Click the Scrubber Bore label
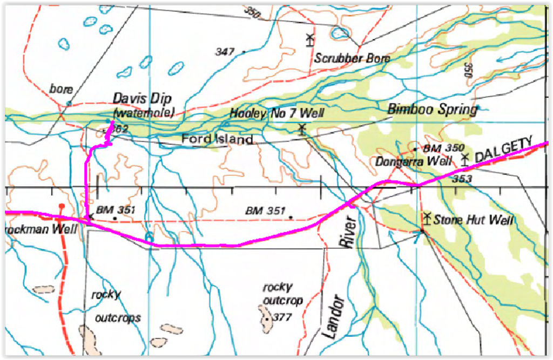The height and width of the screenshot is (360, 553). coord(352,58)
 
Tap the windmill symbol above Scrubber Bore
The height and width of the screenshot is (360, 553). coord(309,39)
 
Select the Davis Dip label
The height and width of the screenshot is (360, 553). coord(142,99)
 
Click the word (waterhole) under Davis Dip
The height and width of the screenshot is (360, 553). coord(144,113)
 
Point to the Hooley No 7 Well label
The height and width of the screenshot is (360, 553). coord(276,113)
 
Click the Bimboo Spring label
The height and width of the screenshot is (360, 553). coord(433,110)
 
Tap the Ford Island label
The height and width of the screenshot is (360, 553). coord(218,139)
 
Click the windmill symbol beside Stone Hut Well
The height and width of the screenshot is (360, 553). coord(427,218)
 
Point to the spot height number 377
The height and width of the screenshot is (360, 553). coord(282,317)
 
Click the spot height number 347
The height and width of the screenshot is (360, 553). coord(224,52)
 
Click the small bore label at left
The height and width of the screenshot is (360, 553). coord(60,88)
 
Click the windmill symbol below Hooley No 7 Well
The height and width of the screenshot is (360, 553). coord(302,128)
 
